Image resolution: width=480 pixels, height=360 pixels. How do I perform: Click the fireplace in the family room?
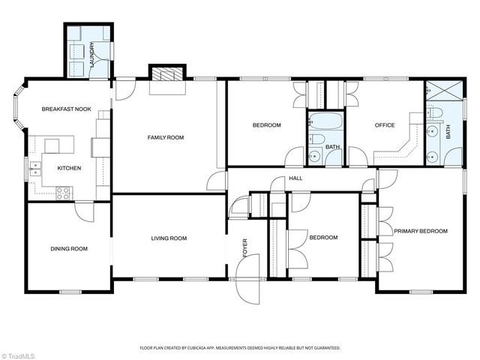click(x=165, y=73)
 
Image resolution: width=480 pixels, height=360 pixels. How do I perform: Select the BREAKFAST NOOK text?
click(x=66, y=109)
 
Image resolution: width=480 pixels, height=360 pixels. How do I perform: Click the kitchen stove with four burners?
click(x=64, y=191)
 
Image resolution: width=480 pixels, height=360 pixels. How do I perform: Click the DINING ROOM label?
click(x=69, y=249)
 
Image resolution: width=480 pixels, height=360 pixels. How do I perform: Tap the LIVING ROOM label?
click(x=169, y=238)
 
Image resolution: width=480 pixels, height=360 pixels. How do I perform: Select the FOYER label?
click(x=244, y=248)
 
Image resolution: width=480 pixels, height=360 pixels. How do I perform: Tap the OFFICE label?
click(x=374, y=125)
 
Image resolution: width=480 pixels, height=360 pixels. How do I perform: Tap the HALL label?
click(x=296, y=178)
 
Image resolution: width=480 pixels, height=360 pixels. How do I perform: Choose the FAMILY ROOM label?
click(x=166, y=137)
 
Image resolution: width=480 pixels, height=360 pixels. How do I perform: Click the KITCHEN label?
click(x=69, y=168)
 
